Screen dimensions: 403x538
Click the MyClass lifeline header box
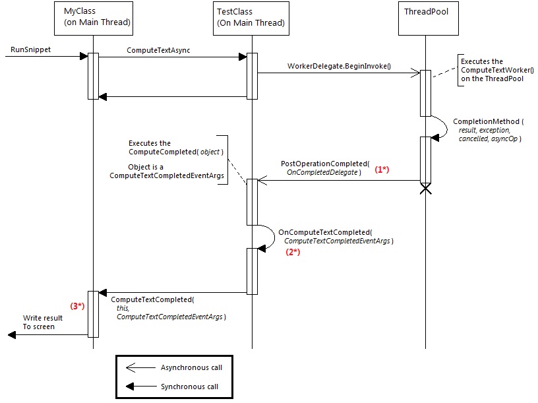[93, 18]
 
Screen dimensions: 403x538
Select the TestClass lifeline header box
[251, 18]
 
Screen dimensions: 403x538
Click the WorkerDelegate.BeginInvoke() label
[339, 67]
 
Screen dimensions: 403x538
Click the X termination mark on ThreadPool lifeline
[426, 190]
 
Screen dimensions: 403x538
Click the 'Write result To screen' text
[40, 322]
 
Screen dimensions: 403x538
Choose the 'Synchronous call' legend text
[189, 387]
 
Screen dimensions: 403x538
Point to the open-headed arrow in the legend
[138, 367]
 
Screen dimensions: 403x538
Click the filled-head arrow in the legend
[138, 387]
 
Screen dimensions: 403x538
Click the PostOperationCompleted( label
[325, 163]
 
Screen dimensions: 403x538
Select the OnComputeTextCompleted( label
[325, 232]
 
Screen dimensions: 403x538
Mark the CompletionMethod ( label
[487, 121]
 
